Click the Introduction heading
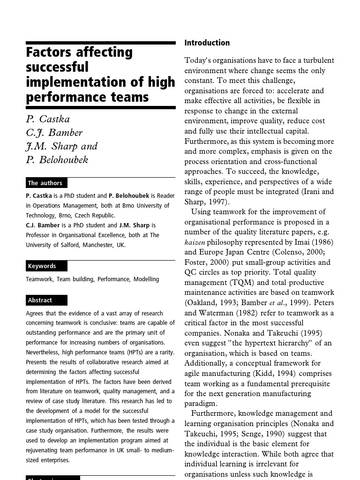(x=207, y=43)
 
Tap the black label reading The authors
(x=45, y=183)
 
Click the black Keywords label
(x=42, y=266)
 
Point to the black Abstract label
(x=40, y=300)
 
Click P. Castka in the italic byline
(x=48, y=119)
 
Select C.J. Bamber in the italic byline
(x=54, y=133)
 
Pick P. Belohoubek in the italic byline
(x=57, y=160)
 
